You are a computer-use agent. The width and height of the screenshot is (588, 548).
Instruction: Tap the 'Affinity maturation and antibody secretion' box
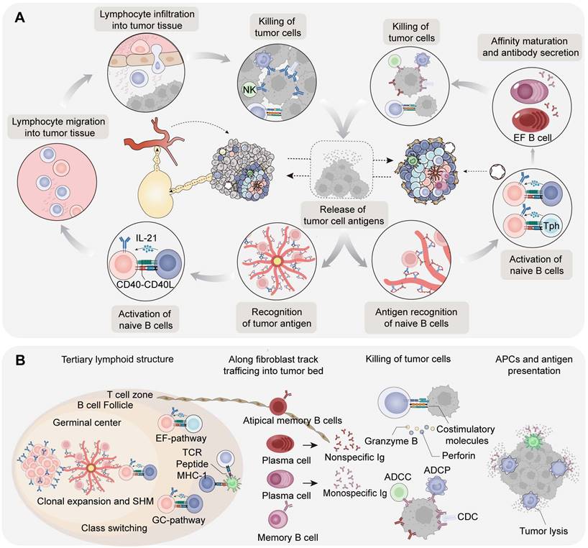(534, 45)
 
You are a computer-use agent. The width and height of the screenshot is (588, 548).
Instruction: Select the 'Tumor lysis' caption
(530, 532)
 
